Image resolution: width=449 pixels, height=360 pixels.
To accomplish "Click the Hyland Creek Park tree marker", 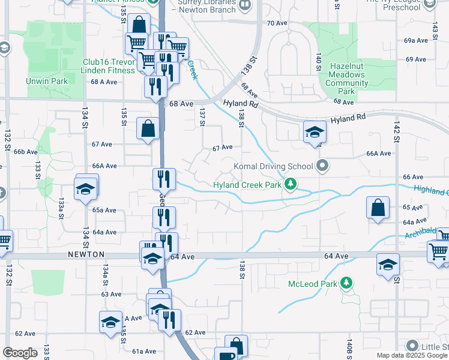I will [291, 184].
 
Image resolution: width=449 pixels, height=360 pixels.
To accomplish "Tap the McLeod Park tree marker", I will [346, 283].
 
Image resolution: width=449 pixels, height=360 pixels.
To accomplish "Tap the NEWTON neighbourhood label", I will [86, 254].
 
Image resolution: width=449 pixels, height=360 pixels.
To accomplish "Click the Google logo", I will [20, 353].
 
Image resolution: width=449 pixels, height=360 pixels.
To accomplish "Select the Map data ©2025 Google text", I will [411, 355].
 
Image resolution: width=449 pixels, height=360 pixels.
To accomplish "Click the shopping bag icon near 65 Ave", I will [378, 209].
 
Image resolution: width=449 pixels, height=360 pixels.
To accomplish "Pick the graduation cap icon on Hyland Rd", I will [314, 133].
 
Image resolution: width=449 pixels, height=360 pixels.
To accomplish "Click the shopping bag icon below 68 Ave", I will [148, 128].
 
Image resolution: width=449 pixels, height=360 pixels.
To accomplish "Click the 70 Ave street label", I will [278, 23].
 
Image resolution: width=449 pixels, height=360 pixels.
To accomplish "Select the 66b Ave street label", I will [26, 152].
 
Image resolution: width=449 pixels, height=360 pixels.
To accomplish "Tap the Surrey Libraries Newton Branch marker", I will [244, 6].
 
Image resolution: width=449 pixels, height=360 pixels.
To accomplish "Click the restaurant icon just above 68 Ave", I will [155, 86].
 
